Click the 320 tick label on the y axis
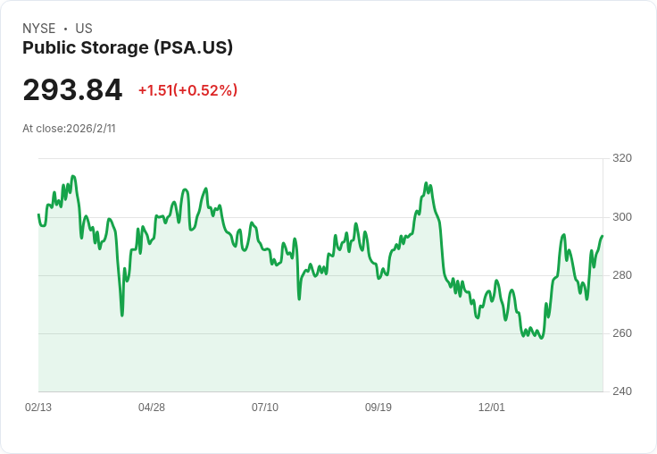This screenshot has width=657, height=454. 622,158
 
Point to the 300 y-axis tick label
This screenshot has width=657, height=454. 622,217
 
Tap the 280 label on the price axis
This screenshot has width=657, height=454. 622,275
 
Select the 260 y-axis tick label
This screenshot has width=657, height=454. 622,333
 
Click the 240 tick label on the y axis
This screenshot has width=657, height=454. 622,391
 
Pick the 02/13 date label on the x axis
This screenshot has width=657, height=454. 38,408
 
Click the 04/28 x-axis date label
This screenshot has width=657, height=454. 152,408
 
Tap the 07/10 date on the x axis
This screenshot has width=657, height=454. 265,408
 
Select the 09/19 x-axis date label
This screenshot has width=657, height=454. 378,408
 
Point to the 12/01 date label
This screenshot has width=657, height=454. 492,408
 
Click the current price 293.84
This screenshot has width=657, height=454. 72,89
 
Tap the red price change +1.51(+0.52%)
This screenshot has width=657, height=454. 187,90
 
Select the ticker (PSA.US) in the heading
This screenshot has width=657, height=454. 193,47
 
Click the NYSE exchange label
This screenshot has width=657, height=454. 39,29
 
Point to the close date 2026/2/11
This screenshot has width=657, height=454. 90,129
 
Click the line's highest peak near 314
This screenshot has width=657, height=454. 73,176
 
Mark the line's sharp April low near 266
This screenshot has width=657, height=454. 122,315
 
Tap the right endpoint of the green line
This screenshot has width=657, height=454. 603,236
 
